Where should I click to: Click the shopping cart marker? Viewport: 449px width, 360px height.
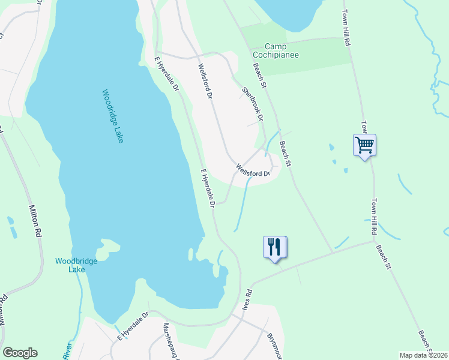point(364,145)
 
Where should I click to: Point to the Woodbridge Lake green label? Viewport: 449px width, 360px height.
point(71,265)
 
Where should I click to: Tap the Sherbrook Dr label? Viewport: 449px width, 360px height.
point(253,103)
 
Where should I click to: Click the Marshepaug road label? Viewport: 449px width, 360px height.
point(169,339)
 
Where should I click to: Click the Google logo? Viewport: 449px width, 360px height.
point(20,353)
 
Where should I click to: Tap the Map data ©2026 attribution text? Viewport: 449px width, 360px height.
point(423,355)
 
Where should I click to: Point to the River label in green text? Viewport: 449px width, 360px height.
point(67,349)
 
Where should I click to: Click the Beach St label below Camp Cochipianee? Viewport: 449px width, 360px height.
point(260,75)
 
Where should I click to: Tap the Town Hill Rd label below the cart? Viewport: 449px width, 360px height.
point(373,216)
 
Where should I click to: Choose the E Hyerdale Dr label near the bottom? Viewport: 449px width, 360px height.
point(133,326)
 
